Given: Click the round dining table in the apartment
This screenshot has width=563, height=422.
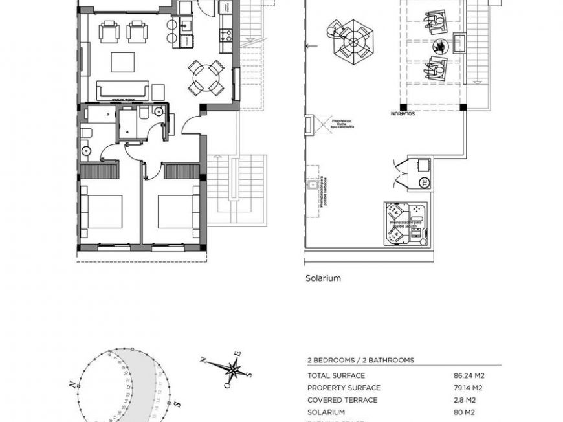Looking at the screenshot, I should pyautogui.click(x=206, y=78).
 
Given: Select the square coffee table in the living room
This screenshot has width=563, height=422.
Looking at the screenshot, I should pyautogui.click(x=123, y=62).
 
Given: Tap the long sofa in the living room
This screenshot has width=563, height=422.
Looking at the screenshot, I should pyautogui.click(x=123, y=90).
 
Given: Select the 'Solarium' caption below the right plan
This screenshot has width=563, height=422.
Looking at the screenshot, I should pyautogui.click(x=323, y=278).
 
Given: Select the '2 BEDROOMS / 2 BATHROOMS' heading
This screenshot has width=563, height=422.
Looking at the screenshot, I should pyautogui.click(x=360, y=360).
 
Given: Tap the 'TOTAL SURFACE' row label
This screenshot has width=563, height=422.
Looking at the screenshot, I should pyautogui.click(x=336, y=375).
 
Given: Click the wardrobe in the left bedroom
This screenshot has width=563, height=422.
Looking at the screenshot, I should pyautogui.click(x=99, y=172).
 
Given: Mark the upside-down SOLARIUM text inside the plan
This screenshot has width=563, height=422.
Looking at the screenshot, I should pyautogui.click(x=403, y=114).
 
